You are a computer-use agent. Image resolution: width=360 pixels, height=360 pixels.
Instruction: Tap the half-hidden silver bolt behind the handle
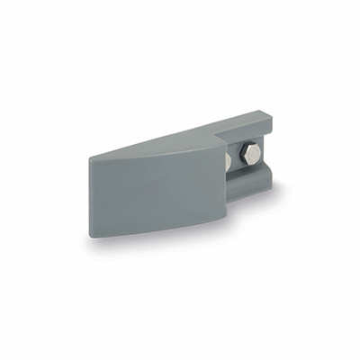click(227, 161)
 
